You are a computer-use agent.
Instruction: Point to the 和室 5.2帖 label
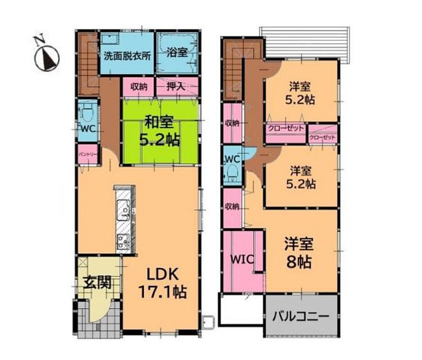click(x=159, y=131)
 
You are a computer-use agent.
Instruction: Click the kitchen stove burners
click(x=123, y=241)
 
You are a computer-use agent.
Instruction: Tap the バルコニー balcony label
click(x=301, y=316)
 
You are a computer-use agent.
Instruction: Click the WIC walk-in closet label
click(x=242, y=259)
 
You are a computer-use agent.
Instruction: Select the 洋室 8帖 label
click(x=299, y=252)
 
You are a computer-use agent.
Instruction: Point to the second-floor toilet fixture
click(x=232, y=173)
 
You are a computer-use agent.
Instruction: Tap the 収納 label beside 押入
click(x=139, y=87)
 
